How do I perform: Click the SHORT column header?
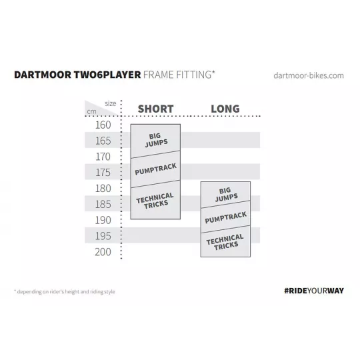[155, 109]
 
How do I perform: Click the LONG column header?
[225, 109]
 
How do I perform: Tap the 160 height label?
[103, 125]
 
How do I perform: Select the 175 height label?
[103, 173]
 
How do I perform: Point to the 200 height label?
[103, 252]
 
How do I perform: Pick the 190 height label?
[103, 220]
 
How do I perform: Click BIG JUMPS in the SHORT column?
[156, 140]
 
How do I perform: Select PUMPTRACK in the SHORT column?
[155, 169]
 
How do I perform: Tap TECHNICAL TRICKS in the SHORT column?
[155, 201]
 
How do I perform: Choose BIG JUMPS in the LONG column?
[226, 195]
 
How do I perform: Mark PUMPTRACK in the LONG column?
[226, 217]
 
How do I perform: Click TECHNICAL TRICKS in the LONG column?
[225, 242]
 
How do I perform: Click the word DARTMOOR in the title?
[43, 75]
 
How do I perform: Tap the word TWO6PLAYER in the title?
[107, 75]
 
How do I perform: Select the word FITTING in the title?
[195, 75]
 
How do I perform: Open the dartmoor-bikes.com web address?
[309, 75]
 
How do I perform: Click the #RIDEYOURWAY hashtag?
[314, 291]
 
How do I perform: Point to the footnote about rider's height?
[65, 291]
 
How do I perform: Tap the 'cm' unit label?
[91, 112]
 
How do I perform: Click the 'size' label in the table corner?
[111, 103]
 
